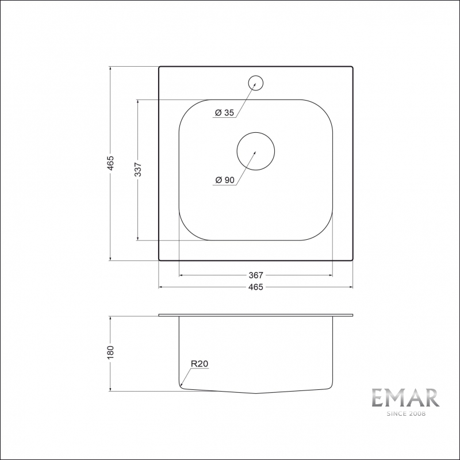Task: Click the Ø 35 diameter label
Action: tap(224, 113)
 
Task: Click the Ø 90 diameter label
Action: tap(224, 181)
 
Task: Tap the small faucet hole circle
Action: tap(256, 83)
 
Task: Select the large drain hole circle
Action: tap(256, 151)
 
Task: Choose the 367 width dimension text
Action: tap(256, 275)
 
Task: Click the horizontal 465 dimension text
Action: tap(256, 287)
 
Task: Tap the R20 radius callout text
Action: tap(199, 363)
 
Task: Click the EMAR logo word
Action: tap(405, 398)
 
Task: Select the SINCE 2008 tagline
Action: tap(405, 413)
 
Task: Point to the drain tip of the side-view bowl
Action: tap(256, 393)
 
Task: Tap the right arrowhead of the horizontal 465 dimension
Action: tap(350, 287)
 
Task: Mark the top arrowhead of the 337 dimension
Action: tap(139, 102)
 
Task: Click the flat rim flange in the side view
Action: tap(256, 316)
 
